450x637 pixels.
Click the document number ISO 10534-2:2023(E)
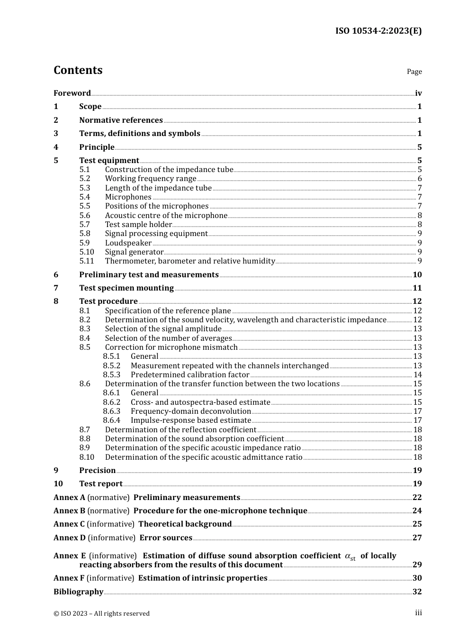pos(378,31)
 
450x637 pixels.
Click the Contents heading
pos(78,70)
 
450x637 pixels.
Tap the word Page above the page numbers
pos(414,72)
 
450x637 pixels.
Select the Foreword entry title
pos(72,93)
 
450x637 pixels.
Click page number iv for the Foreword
pos(418,93)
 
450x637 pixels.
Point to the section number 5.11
pos(87,261)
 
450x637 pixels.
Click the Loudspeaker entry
pos(128,243)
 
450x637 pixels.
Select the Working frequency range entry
pos(151,179)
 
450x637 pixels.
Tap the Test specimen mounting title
pos(126,288)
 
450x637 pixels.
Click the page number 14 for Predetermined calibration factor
pos(417,375)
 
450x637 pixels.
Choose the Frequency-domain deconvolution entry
pos(191,411)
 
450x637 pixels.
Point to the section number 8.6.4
pos(112,420)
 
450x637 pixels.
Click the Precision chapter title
pos(98,471)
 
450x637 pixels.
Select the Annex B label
pos(69,511)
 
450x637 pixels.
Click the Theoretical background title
pos(185,524)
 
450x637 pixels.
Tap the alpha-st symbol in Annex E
pos(350,556)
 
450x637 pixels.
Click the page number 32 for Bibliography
pos(417,592)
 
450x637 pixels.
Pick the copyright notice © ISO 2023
pos(101,613)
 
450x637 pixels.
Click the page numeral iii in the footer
pos(418,613)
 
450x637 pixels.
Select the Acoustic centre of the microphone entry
pos(166,216)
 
